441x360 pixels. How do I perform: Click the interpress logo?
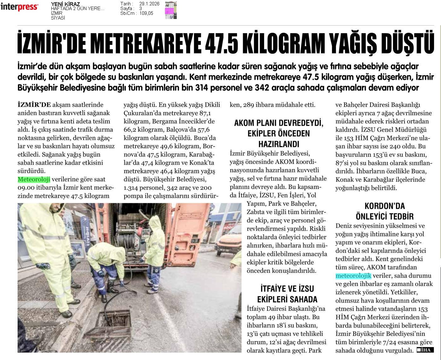tap(19, 7)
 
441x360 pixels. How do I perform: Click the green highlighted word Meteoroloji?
tap(34, 180)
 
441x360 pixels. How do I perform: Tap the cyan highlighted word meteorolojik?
tap(353, 276)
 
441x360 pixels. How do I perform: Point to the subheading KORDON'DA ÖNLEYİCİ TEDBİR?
tap(384, 211)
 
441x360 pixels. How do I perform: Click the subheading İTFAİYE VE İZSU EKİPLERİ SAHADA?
tap(287, 294)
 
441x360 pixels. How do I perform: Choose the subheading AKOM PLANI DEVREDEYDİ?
tap(279, 123)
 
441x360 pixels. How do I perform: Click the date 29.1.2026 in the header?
tap(149, 4)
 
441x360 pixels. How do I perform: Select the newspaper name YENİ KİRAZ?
tap(65, 4)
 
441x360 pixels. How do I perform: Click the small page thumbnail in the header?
tap(171, 10)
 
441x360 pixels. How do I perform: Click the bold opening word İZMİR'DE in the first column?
tap(34, 105)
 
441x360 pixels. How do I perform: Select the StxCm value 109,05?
tap(146, 13)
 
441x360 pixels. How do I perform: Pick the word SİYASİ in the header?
tap(58, 18)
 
